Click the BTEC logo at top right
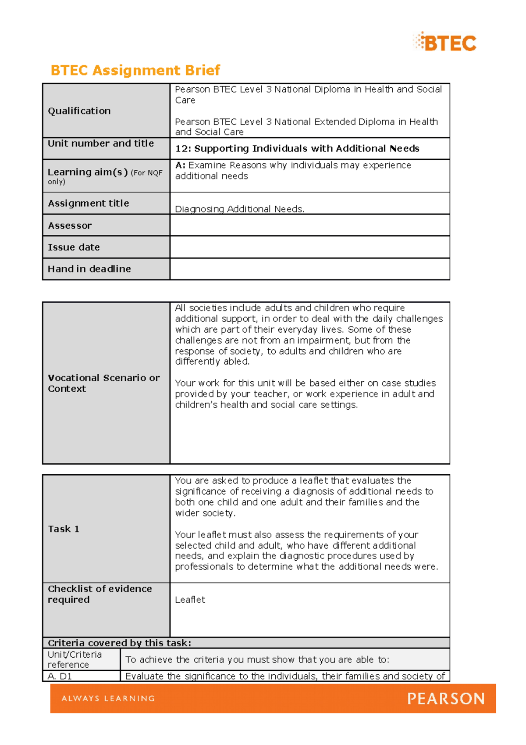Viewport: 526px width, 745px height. pyautogui.click(x=445, y=43)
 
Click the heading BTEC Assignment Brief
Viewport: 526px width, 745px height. pyautogui.click(x=135, y=70)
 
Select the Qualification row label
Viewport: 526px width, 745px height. pyautogui.click(x=79, y=111)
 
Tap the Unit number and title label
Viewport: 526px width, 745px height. pyautogui.click(x=101, y=143)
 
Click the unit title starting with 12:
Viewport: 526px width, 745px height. pyautogui.click(x=297, y=149)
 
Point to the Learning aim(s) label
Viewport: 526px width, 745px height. pyautogui.click(x=88, y=172)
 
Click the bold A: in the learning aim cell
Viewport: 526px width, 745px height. pyautogui.click(x=180, y=165)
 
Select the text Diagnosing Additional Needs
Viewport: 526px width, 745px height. pyautogui.click(x=239, y=209)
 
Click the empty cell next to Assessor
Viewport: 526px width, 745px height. pyautogui.click(x=309, y=226)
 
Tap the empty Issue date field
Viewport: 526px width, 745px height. pyautogui.click(x=309, y=247)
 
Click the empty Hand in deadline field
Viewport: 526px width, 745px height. pyautogui.click(x=309, y=269)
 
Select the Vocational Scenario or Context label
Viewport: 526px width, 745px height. pyautogui.click(x=103, y=383)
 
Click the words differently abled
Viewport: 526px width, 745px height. pyautogui.click(x=212, y=362)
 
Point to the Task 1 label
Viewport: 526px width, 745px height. pyautogui.click(x=64, y=529)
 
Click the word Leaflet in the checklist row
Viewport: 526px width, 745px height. pyautogui.click(x=190, y=600)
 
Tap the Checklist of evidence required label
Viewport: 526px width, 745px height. pyautogui.click(x=100, y=594)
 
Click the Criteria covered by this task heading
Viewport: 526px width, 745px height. pyautogui.click(x=119, y=643)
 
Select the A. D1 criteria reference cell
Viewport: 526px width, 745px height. pyautogui.click(x=60, y=676)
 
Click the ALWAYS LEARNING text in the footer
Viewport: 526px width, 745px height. pyautogui.click(x=108, y=698)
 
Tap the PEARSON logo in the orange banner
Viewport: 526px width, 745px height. pyautogui.click(x=446, y=698)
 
